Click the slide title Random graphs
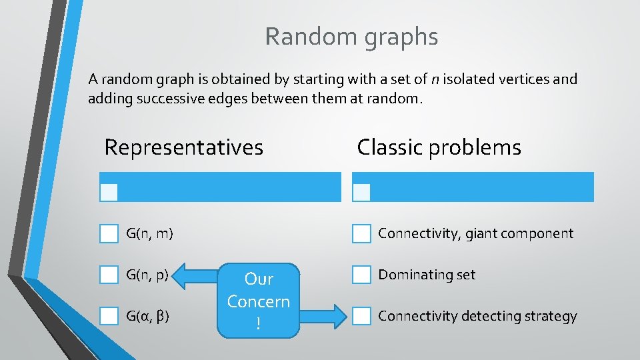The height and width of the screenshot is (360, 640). [x=351, y=37]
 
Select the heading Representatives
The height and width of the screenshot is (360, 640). [x=183, y=147]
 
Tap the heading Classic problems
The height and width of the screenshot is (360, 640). [x=439, y=147]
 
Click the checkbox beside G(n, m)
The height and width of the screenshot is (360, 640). [x=109, y=233]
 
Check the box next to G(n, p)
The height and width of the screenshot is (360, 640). [x=109, y=275]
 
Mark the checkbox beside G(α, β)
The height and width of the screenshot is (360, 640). [x=109, y=316]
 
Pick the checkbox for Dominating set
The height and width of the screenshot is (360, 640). [x=361, y=275]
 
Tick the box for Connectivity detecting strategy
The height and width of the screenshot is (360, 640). [x=361, y=316]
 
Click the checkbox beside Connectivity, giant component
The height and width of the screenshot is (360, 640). [x=361, y=233]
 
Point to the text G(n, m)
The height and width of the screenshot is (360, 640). [x=149, y=233]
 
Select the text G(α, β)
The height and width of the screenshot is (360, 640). [x=147, y=316]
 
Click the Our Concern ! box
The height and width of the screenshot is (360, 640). [x=258, y=301]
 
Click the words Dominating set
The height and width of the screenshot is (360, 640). [x=427, y=275]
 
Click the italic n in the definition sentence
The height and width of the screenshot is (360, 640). [x=435, y=79]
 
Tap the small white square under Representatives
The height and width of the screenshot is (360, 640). [x=109, y=193]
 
